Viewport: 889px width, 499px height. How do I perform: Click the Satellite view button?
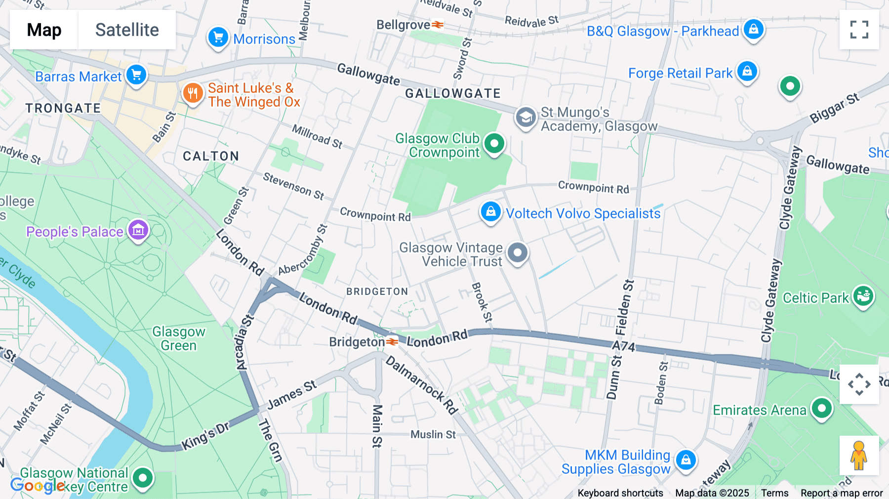(127, 30)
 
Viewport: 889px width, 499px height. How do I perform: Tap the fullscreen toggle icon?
(859, 30)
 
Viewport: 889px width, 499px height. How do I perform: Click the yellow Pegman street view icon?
(859, 456)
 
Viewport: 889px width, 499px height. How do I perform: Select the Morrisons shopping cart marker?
(218, 38)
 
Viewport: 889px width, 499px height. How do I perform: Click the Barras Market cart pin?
(136, 75)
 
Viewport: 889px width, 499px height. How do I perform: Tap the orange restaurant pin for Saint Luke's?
(193, 93)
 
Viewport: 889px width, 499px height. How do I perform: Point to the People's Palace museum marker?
(138, 230)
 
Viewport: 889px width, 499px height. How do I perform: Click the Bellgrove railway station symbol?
(438, 25)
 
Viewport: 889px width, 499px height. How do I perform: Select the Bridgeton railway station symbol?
(392, 342)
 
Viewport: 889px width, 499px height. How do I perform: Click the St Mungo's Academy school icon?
(525, 118)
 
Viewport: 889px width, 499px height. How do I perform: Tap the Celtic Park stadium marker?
(863, 296)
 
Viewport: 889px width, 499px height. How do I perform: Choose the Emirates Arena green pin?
(821, 409)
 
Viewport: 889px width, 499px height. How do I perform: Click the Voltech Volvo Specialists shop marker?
(490, 212)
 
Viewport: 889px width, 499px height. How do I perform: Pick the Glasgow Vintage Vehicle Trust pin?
(517, 253)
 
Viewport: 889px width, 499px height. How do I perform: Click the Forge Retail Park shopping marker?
(747, 72)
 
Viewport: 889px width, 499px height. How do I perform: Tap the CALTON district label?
(211, 156)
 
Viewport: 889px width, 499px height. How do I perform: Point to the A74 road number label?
(623, 346)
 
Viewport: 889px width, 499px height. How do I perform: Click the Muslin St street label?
(433, 434)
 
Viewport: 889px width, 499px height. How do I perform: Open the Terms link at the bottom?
(774, 493)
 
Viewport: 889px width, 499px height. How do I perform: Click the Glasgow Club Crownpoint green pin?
(494, 144)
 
